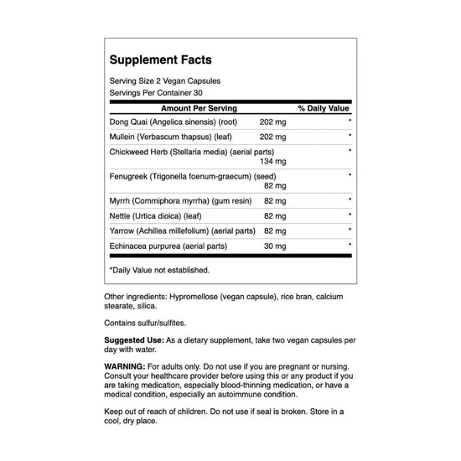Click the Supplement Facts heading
click(160, 60)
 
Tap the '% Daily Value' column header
click(324, 109)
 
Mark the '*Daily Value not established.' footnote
click(159, 270)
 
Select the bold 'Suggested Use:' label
click(134, 339)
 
